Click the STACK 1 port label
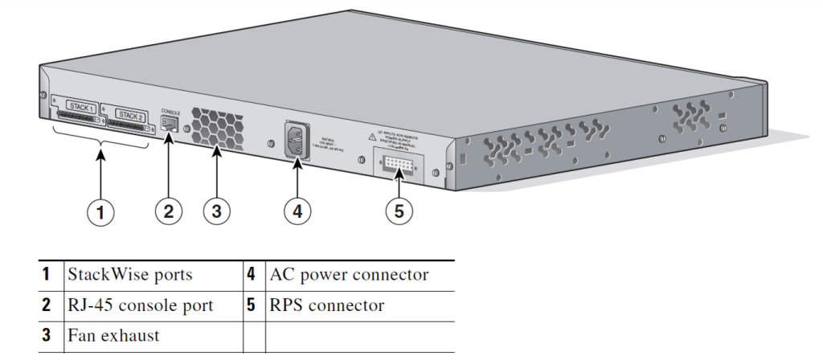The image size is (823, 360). point(80,107)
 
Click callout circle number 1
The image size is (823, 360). point(100,212)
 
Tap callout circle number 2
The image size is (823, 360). point(168,212)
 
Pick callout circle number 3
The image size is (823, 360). point(216,212)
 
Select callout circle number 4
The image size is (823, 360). point(297,212)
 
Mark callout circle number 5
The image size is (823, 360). point(399,212)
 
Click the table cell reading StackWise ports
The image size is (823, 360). point(129,275)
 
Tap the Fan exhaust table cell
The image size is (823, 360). point(113,335)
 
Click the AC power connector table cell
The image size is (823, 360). point(349,275)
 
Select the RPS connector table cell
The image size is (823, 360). point(327,305)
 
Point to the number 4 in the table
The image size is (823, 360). point(252,275)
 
